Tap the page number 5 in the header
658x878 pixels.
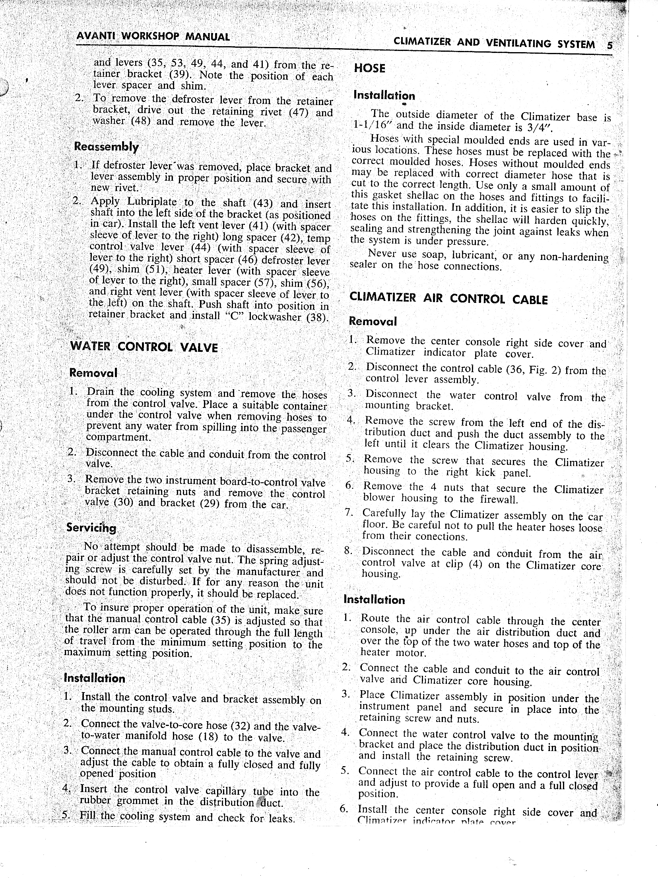pyautogui.click(x=609, y=45)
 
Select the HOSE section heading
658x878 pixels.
pyautogui.click(x=369, y=68)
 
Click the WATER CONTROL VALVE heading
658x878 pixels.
pyautogui.click(x=144, y=347)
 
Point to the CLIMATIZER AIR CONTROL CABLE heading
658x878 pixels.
pyautogui.click(x=448, y=299)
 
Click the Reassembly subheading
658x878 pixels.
pyautogui.click(x=107, y=146)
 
